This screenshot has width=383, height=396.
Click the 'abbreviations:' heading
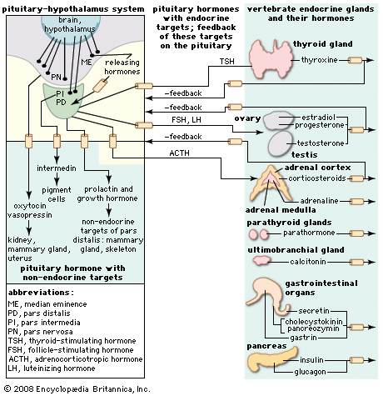click(x=40, y=293)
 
